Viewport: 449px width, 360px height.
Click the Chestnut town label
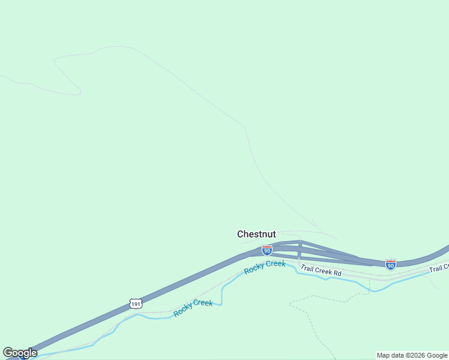(256, 234)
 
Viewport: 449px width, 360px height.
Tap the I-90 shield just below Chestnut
(267, 250)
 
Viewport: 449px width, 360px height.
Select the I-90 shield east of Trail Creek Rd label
(391, 264)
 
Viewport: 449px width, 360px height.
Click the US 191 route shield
(136, 304)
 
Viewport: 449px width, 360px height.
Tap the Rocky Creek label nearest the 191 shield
(193, 308)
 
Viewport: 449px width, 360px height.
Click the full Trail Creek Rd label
(321, 271)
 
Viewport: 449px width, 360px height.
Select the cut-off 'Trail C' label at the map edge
(439, 268)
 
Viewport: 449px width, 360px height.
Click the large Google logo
(20, 353)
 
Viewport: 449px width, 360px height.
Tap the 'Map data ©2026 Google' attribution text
(412, 355)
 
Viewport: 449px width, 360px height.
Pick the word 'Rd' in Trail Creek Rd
(337, 274)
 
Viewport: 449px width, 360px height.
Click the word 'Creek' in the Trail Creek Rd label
(323, 271)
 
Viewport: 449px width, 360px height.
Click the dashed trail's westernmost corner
(290, 304)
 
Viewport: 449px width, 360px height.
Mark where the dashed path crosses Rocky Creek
(369, 289)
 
